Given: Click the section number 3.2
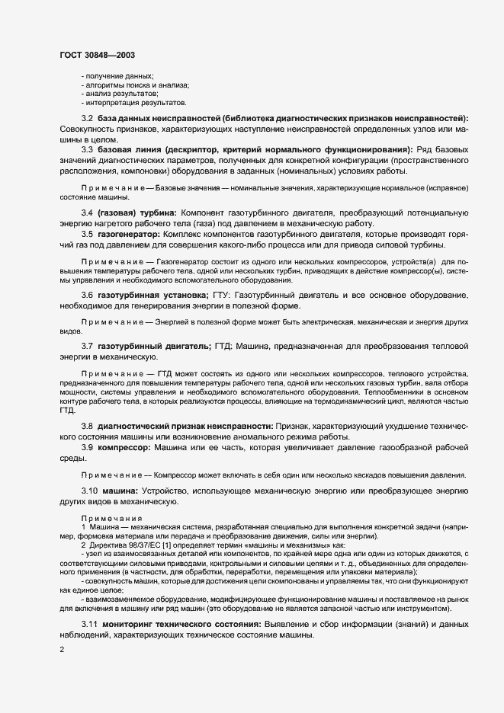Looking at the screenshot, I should pyautogui.click(x=87, y=120).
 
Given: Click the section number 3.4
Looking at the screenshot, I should pyautogui.click(x=87, y=211).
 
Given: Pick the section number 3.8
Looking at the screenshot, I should pyautogui.click(x=87, y=425).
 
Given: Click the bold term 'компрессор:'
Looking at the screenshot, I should pyautogui.click(x=127, y=448).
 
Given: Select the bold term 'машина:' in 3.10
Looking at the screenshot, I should pyautogui.click(x=123, y=492).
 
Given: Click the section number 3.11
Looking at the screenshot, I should pyautogui.click(x=89, y=625).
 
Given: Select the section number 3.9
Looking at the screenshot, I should pyautogui.click(x=87, y=448).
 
